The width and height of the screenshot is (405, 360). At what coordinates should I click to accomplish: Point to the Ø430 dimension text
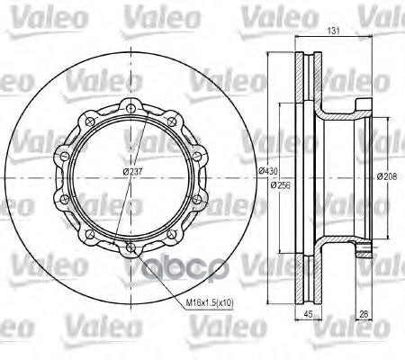point(267,171)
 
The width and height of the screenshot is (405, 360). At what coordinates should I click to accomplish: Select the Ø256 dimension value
point(279,186)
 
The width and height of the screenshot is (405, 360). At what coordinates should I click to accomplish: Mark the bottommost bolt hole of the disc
point(131,247)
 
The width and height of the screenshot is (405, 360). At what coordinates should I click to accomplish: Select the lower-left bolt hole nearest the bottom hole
point(90,233)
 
